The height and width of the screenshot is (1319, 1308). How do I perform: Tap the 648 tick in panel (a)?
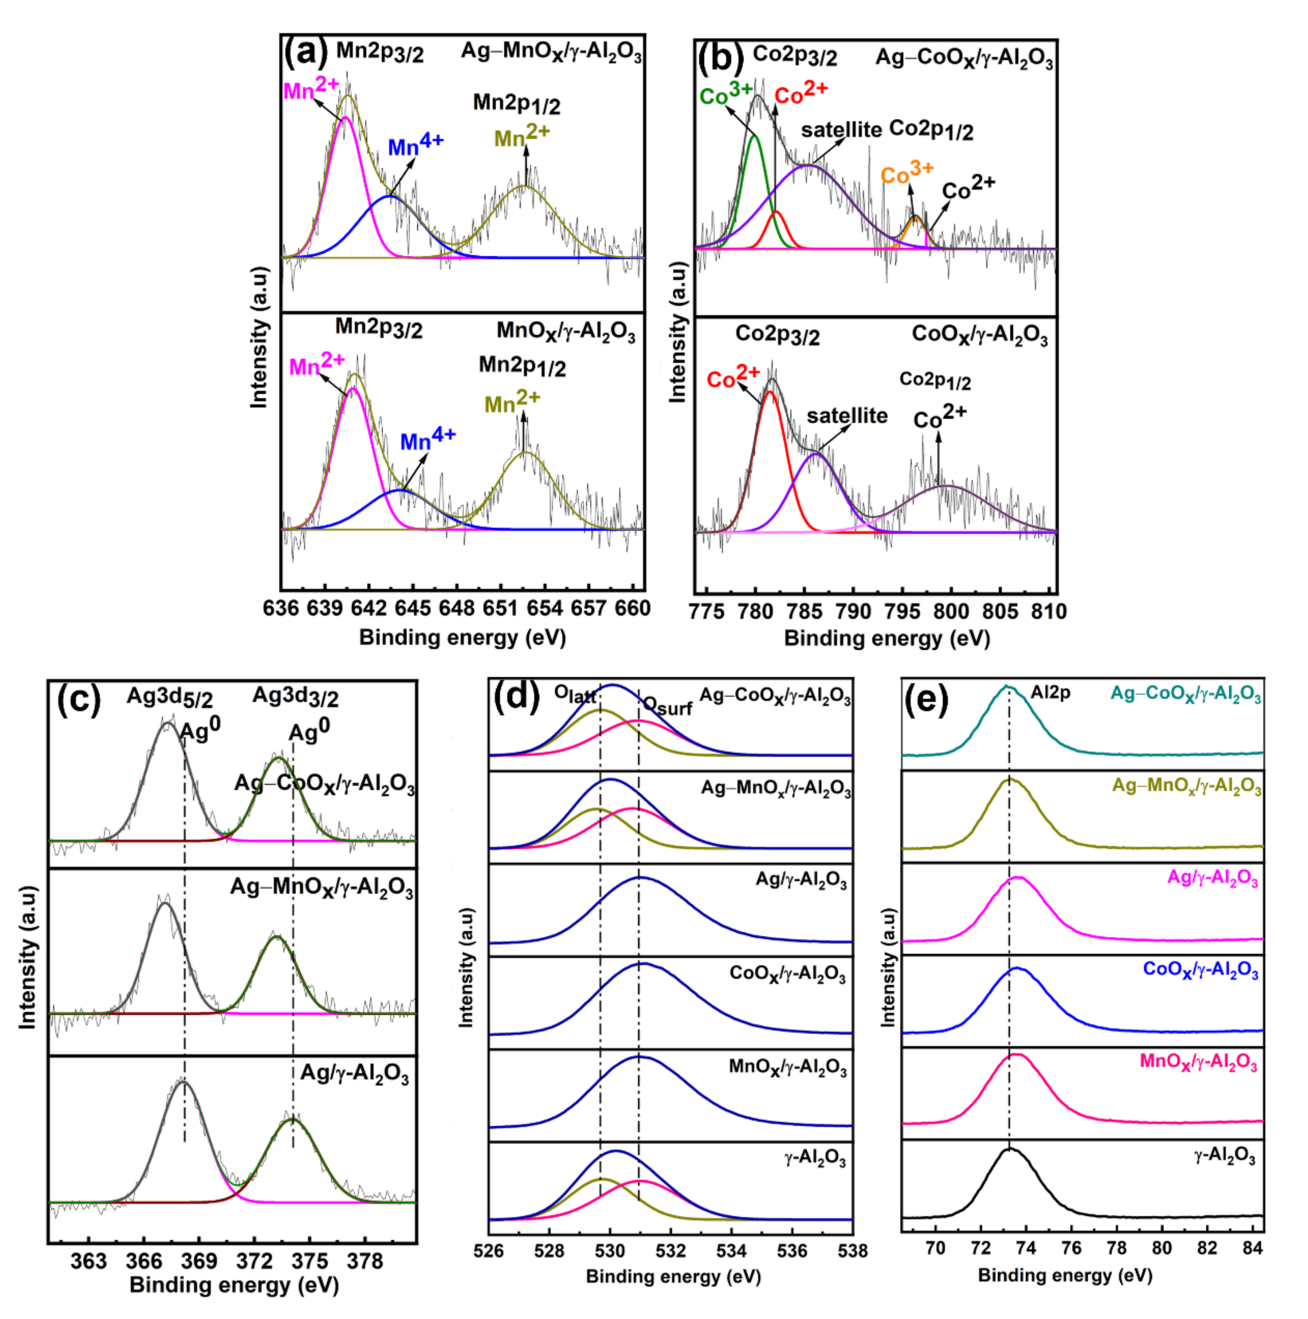[457, 608]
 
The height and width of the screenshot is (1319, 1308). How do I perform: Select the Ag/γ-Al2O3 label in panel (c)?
[354, 1074]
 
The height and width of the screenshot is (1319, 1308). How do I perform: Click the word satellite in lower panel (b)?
[846, 416]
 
